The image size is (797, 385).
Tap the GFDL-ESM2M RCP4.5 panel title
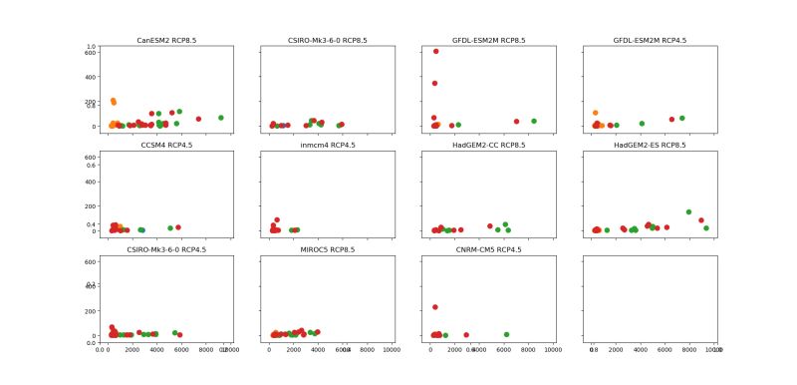click(x=651, y=41)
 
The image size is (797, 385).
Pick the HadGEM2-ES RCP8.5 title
click(x=651, y=146)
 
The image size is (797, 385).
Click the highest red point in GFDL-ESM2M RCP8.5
click(x=435, y=51)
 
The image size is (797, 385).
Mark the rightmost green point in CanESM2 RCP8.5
click(x=221, y=118)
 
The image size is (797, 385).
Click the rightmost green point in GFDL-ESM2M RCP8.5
click(x=534, y=121)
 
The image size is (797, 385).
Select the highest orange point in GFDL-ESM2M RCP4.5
click(x=595, y=113)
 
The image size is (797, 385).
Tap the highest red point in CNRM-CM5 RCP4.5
click(x=435, y=307)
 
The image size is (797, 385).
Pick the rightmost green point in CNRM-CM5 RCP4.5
click(x=506, y=334)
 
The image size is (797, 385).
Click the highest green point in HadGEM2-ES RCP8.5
click(x=688, y=211)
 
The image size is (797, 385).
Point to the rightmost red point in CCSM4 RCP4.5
click(x=178, y=227)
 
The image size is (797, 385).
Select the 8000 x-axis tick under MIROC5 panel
click(x=367, y=349)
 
